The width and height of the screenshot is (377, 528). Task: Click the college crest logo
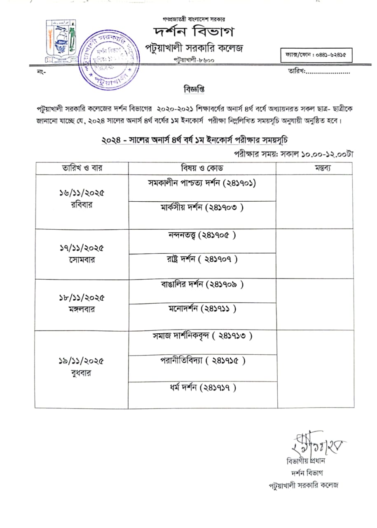point(61,40)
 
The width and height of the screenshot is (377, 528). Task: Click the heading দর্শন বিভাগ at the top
point(194,32)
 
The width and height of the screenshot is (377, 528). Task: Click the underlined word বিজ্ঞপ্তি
point(194,89)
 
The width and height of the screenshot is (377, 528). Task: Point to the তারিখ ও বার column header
point(82,168)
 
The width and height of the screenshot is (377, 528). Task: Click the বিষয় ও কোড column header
point(202,168)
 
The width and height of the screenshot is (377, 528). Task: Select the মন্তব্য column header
point(314,168)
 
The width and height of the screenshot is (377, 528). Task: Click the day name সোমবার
point(82,260)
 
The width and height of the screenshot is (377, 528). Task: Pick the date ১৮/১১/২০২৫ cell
point(81,298)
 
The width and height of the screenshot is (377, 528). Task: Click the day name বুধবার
point(81,373)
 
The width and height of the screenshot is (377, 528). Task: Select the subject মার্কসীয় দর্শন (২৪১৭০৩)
point(202,208)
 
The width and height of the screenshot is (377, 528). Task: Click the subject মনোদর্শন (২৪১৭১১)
point(202,309)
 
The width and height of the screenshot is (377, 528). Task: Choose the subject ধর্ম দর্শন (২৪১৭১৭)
point(202,388)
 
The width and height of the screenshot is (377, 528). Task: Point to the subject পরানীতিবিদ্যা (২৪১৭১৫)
point(203,361)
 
